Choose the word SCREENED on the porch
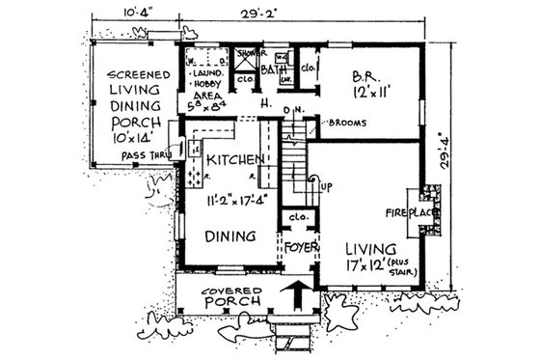point(139,74)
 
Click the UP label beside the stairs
point(326,185)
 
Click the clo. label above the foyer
point(299,218)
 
